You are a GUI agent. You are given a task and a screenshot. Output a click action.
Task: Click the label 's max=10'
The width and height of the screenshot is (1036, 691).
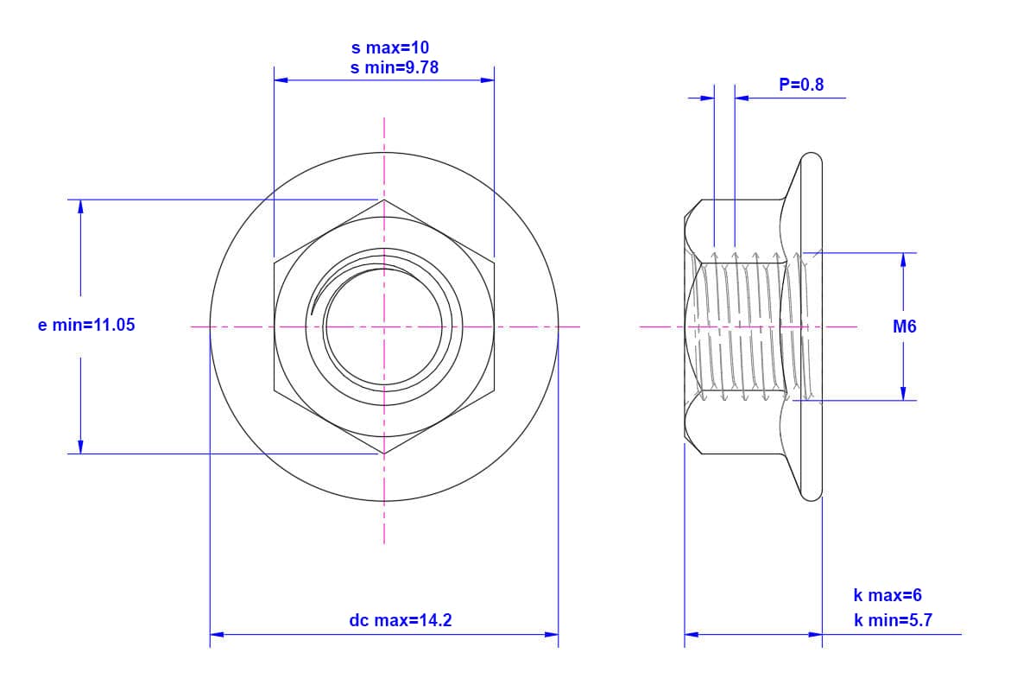click(390, 48)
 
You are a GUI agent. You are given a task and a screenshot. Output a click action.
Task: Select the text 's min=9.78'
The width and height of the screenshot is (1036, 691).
click(394, 68)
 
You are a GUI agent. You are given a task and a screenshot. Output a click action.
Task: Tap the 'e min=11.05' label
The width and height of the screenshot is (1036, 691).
click(86, 325)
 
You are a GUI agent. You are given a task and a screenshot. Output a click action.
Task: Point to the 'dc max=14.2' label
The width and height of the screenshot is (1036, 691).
click(401, 620)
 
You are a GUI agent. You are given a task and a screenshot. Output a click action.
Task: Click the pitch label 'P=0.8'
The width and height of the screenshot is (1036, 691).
click(801, 85)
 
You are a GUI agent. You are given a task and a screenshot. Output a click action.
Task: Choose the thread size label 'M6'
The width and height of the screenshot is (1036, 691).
click(905, 326)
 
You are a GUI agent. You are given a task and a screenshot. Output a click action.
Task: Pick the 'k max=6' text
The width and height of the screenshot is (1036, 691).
click(888, 595)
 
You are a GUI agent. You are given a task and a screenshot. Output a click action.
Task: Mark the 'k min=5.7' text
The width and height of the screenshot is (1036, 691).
click(893, 620)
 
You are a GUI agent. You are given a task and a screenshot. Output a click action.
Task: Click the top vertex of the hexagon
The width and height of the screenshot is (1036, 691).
click(384, 200)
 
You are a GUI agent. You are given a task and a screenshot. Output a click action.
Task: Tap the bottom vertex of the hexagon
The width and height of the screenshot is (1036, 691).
click(384, 453)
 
